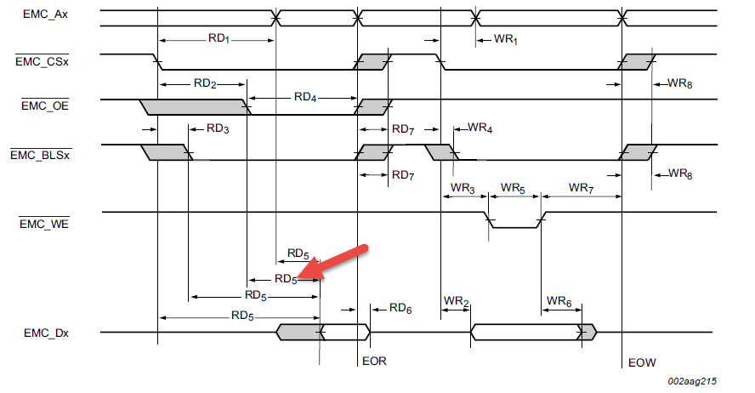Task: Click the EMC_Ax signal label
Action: click(x=42, y=14)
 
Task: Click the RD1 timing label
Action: click(x=219, y=40)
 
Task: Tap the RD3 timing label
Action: click(x=219, y=128)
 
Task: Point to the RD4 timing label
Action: click(x=305, y=97)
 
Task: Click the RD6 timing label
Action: click(x=400, y=310)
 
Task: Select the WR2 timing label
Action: click(x=456, y=301)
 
